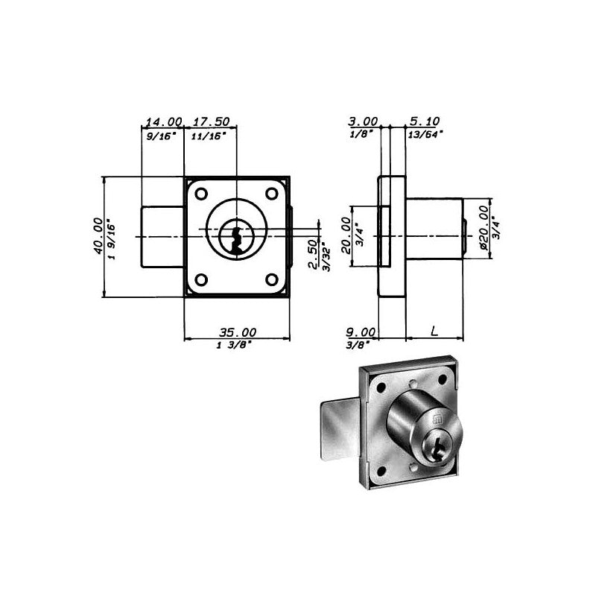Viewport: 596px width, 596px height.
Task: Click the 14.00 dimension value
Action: (164, 122)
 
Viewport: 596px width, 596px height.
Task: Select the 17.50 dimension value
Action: (212, 121)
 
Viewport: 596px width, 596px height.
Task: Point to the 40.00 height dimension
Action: (98, 235)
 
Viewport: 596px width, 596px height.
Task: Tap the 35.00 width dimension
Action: (238, 332)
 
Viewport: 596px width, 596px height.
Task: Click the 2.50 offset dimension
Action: (312, 254)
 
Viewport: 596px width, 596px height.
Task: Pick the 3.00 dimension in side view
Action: (363, 121)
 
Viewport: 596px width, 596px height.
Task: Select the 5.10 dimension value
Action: (425, 121)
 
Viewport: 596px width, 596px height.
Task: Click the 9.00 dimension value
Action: (361, 332)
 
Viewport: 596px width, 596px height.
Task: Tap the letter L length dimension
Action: (434, 331)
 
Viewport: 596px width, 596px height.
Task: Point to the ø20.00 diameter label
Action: (484, 228)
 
